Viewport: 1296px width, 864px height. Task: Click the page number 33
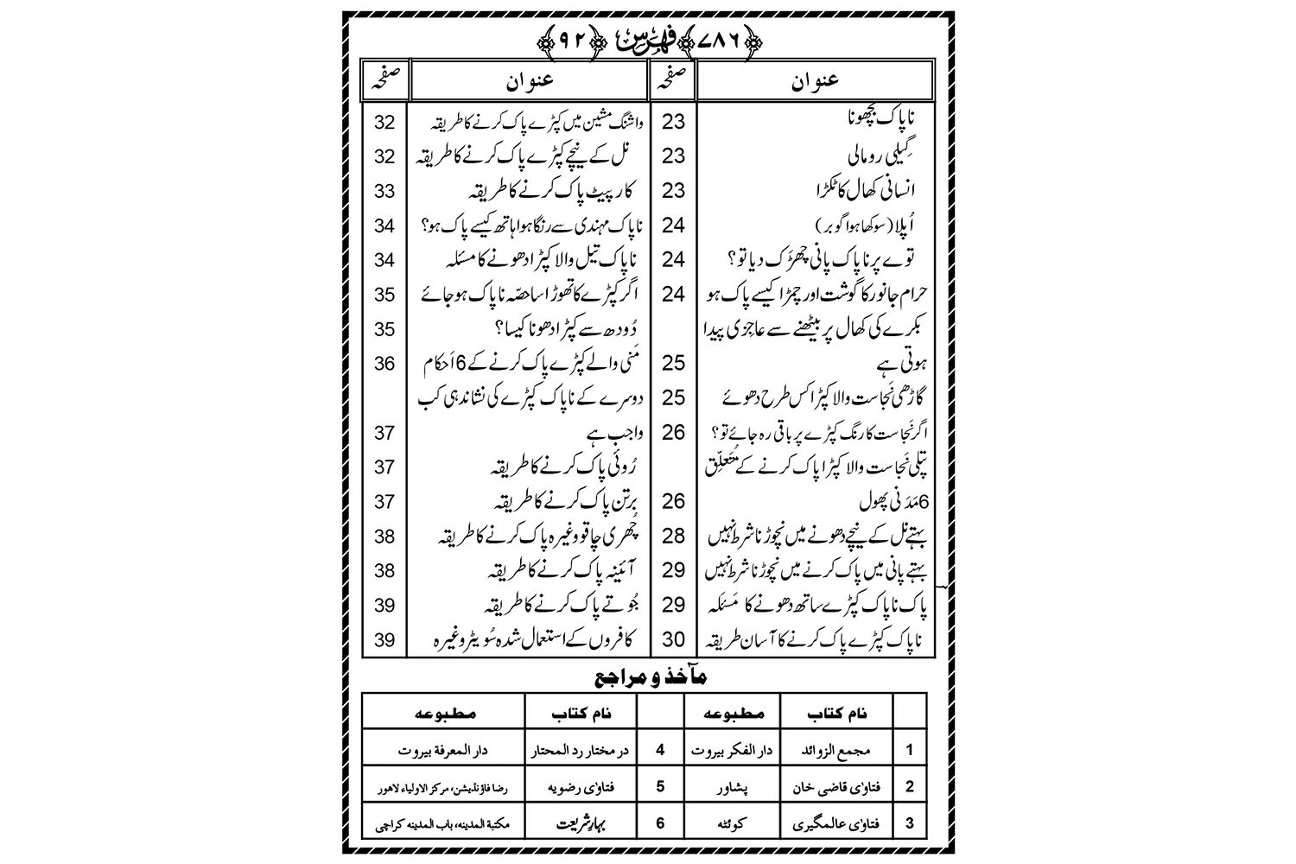(384, 191)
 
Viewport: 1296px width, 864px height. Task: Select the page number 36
(384, 364)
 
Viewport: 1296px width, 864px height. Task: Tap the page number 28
(673, 536)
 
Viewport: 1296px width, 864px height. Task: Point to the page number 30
(673, 639)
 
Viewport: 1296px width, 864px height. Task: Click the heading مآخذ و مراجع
(647, 678)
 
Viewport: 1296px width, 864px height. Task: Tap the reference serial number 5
(660, 787)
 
